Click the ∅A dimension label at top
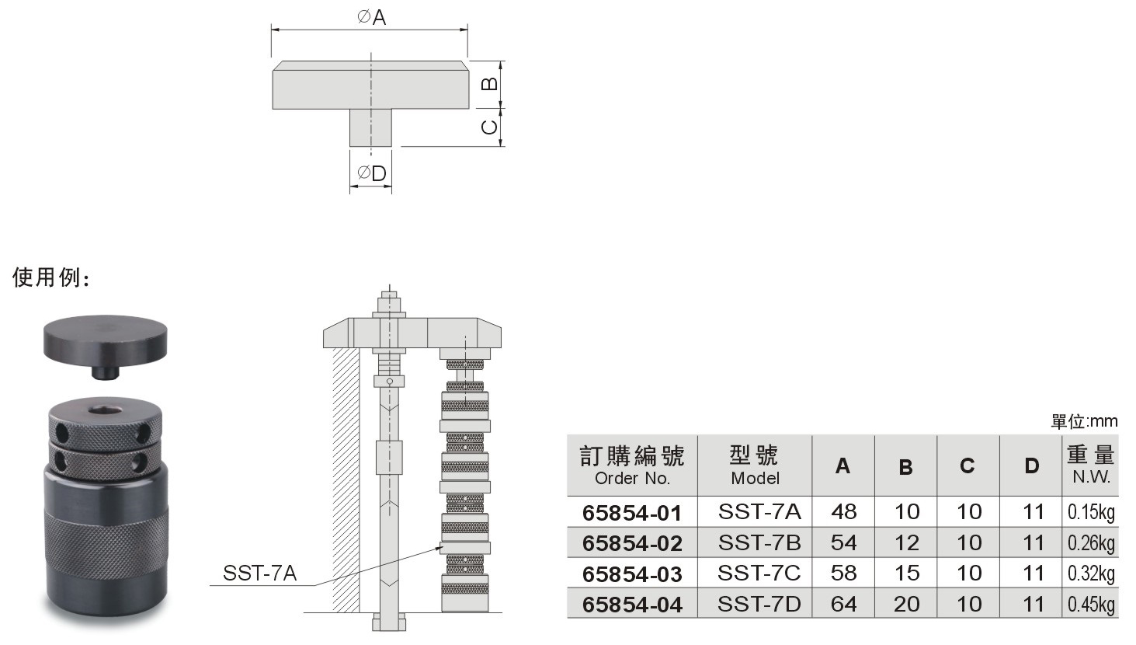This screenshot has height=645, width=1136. pyautogui.click(x=371, y=17)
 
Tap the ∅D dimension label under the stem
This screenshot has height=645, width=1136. pyautogui.click(x=371, y=173)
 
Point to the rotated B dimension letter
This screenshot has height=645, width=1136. pyautogui.click(x=489, y=83)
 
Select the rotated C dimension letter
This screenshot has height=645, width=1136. pyautogui.click(x=489, y=126)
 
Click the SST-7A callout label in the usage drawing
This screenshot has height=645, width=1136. pyautogui.click(x=259, y=573)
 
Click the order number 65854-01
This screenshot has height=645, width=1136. pyautogui.click(x=632, y=513)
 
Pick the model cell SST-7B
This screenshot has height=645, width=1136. pyautogui.click(x=759, y=542)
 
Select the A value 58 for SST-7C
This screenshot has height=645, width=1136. pyautogui.click(x=843, y=573)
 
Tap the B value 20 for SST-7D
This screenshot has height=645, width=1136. pyautogui.click(x=906, y=604)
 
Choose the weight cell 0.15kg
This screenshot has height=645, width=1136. pyautogui.click(x=1091, y=512)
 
